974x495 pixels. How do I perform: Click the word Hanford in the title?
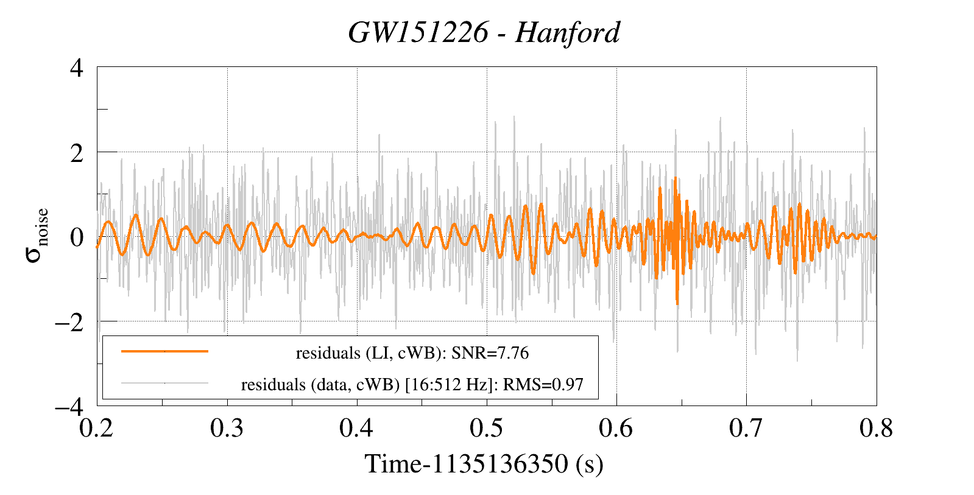coord(567,33)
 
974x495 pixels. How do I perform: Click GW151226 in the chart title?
coord(418,33)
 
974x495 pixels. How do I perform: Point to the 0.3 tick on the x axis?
coord(227,428)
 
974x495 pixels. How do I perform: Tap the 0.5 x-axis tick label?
coord(486,428)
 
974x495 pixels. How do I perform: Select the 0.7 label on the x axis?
coord(746,428)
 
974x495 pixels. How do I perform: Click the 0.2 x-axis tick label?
coord(97,428)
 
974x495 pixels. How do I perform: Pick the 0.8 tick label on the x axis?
coord(876,428)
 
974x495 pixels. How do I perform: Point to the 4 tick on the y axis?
coord(77,68)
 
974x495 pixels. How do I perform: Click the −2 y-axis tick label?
coord(69,321)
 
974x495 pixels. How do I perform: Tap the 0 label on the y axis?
coord(77,237)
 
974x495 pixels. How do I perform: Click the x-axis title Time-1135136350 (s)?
coord(484,464)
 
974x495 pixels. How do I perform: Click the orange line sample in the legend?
coord(164,351)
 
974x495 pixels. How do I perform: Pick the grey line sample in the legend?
coord(164,383)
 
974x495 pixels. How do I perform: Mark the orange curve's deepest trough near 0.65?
coord(677,303)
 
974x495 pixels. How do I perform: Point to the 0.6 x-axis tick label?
coord(616,428)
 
